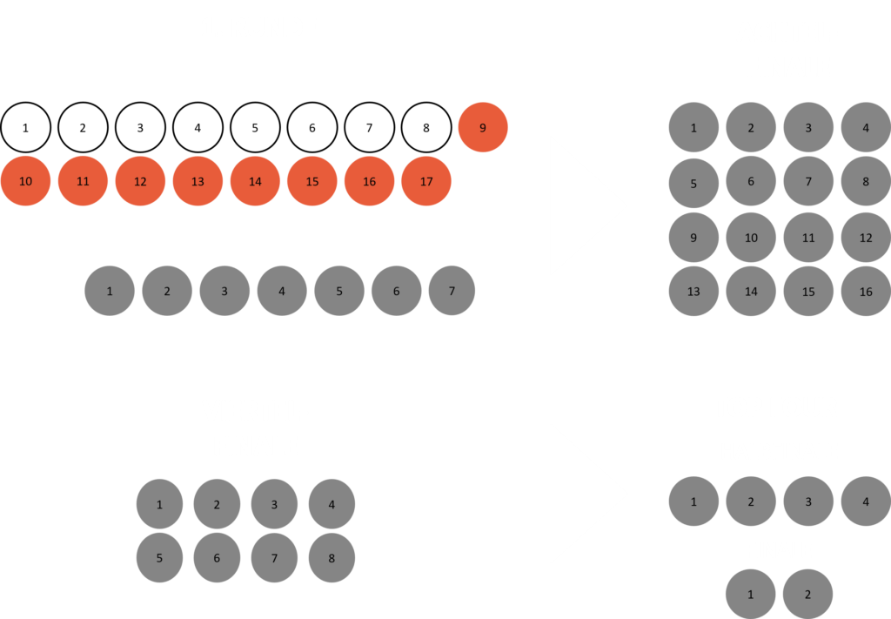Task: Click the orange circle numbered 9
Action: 483,127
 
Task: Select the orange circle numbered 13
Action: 198,181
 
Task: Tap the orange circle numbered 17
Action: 426,181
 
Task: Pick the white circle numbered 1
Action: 25,127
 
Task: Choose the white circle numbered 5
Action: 255,127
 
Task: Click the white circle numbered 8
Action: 426,127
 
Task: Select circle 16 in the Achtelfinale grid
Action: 866,292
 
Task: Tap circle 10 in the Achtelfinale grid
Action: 751,238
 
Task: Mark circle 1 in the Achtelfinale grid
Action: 693,128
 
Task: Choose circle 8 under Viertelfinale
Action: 332,558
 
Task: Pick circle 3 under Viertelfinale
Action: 274,504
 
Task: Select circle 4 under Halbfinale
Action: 865,501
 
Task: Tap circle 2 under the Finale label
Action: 807,595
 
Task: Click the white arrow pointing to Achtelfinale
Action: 581,205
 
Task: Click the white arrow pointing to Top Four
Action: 581,494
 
